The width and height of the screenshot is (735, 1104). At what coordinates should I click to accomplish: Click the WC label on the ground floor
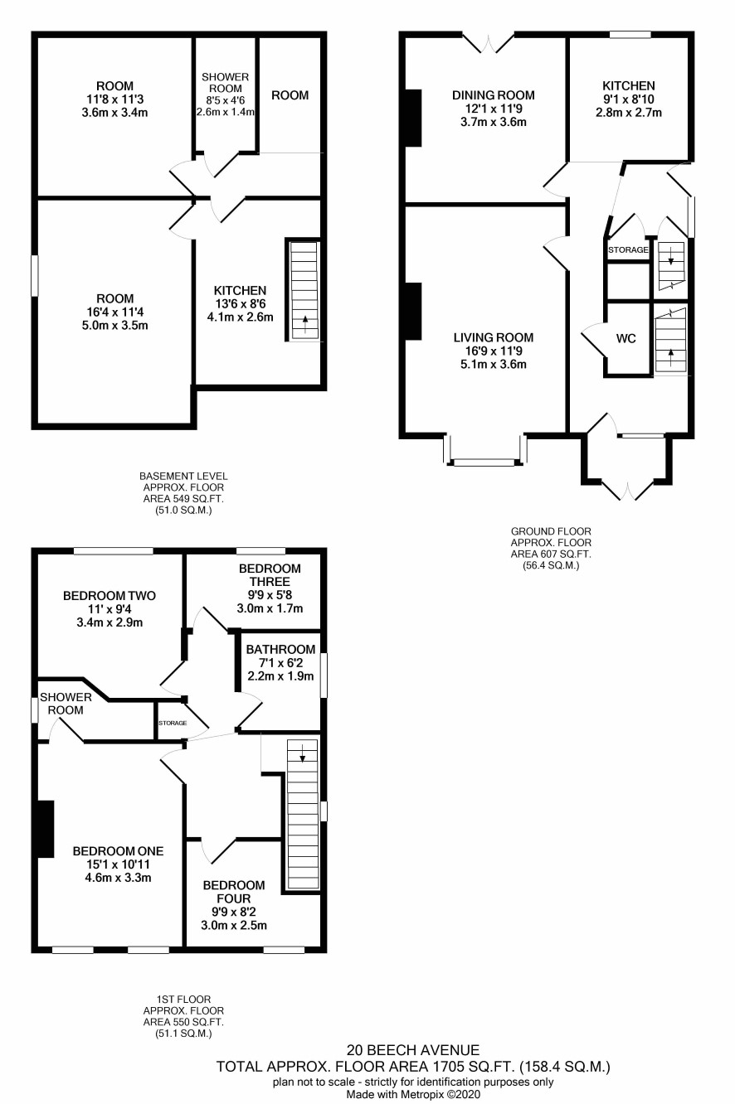pos(626,339)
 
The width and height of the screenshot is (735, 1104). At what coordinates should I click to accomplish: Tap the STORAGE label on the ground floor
pos(628,249)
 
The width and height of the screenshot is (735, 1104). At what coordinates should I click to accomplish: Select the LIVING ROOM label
pos(494,337)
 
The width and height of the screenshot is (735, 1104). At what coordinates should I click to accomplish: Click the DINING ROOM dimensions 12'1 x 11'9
pos(494,109)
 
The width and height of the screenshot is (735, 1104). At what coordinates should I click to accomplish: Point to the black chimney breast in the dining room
pos(413,118)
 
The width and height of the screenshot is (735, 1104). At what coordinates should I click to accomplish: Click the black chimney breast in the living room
pos(413,311)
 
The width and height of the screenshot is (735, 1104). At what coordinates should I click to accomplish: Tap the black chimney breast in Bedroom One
pos(46,829)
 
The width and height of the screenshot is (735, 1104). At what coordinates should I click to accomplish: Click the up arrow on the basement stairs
pos(304,325)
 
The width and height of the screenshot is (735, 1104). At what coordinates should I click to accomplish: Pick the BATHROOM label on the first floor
pos(280,650)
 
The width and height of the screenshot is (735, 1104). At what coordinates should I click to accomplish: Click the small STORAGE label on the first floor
pos(173,723)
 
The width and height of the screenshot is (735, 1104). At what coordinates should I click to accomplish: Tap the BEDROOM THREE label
pos(270,575)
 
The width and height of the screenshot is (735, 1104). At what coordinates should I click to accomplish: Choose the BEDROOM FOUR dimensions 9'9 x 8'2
pos(234,912)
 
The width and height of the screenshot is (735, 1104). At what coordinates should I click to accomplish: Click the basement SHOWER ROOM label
pos(226,83)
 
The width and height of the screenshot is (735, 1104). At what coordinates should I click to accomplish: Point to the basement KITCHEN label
pos(240,291)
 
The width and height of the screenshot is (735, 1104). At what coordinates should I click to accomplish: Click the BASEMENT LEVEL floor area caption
pos(183,493)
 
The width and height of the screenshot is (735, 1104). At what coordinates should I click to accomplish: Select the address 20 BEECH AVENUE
pos(413,1050)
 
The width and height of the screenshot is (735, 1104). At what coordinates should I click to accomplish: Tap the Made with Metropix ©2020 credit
pos(413,1094)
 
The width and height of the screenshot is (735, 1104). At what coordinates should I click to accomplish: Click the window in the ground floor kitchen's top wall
pos(630,35)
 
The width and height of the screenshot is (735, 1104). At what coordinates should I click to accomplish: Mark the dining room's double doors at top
pos(489,42)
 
